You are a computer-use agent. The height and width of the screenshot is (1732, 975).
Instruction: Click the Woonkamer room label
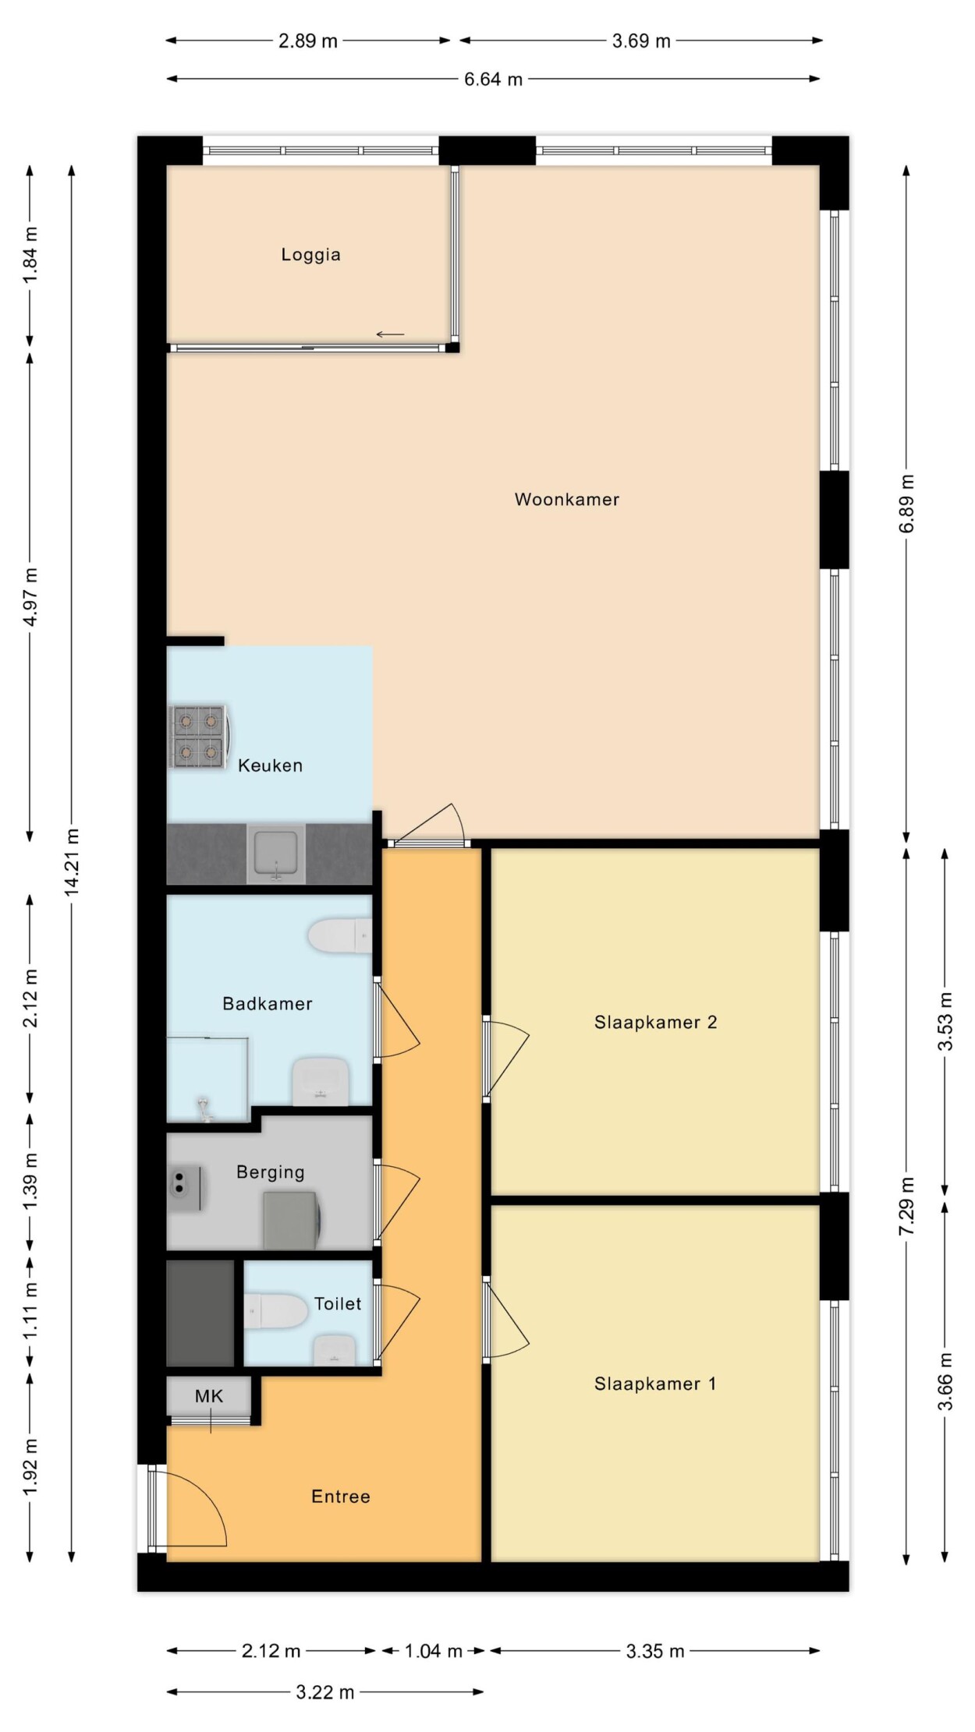567,500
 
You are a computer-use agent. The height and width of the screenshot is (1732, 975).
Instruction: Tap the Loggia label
310,255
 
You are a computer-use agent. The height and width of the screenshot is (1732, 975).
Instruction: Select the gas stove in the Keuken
199,737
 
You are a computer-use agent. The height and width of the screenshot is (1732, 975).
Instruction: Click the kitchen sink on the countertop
276,854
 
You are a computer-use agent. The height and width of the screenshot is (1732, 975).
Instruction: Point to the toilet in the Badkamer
340,935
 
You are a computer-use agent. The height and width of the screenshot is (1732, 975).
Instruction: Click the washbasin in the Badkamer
320,1080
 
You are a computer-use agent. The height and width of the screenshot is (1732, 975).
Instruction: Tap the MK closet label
209,1396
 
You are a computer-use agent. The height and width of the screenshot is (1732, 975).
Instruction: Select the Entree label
341,1497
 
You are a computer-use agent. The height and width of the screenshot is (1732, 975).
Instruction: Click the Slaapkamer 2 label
655,1023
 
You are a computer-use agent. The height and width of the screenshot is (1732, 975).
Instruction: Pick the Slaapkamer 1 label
655,1384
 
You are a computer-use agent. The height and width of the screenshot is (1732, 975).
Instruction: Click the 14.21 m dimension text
72,861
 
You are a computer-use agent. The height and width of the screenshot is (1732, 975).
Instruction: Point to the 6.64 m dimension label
493,79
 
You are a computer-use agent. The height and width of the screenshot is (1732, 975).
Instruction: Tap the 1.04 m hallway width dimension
433,1651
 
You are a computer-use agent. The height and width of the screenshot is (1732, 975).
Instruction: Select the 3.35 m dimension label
655,1651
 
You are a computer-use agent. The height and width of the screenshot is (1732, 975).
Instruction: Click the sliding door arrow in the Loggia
390,335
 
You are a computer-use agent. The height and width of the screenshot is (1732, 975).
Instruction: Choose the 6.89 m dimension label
906,504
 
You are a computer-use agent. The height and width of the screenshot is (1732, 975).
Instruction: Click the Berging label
271,1172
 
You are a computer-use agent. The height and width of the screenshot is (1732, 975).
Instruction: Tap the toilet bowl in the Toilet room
276,1311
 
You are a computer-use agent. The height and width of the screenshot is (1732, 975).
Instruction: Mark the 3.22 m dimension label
325,1692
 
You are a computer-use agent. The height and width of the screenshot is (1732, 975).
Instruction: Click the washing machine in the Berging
292,1220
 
